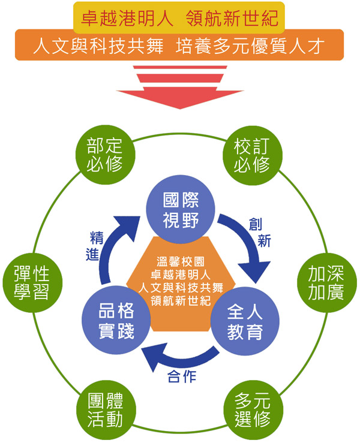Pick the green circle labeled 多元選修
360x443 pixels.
(252, 408)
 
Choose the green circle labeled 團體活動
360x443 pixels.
(104, 408)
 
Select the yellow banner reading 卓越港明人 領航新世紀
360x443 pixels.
(179, 17)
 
